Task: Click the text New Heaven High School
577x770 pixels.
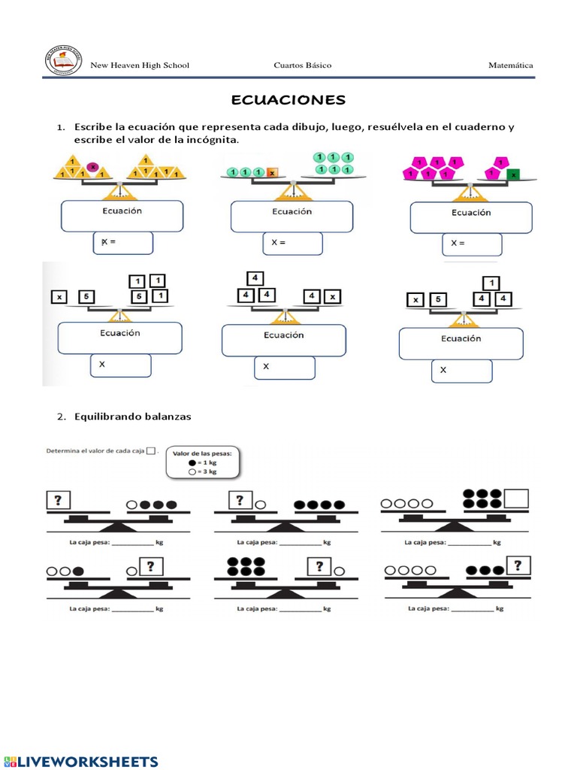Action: pos(140,65)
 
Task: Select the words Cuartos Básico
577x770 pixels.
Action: pos(302,65)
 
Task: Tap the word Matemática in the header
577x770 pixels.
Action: pos(511,65)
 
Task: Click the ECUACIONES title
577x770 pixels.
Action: pos(288,100)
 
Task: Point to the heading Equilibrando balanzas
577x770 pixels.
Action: pos(133,416)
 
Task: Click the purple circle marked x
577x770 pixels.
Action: pos(93,167)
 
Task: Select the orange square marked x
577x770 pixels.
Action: pos(273,172)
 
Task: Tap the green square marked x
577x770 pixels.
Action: pos(513,174)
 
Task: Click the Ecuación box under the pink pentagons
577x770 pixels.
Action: pos(471,218)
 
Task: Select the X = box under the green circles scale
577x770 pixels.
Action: pos(292,244)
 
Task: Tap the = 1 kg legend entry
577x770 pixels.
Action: pos(205,463)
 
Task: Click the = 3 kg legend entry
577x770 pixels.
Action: pos(205,473)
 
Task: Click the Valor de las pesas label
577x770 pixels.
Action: pos(202,453)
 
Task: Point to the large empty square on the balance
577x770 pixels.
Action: pos(517,499)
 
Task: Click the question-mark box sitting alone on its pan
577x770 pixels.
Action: pos(59,499)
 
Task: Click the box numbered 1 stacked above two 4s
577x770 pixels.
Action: pos(491,283)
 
